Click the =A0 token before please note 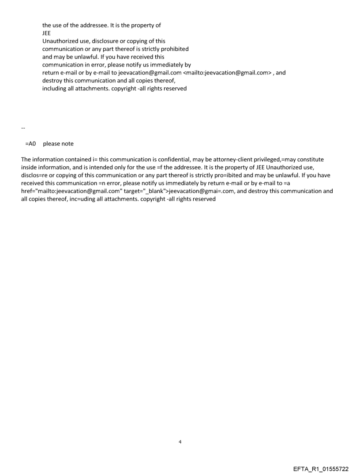coord(30,144)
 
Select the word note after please coord(67,144)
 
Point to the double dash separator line coord(23,128)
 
